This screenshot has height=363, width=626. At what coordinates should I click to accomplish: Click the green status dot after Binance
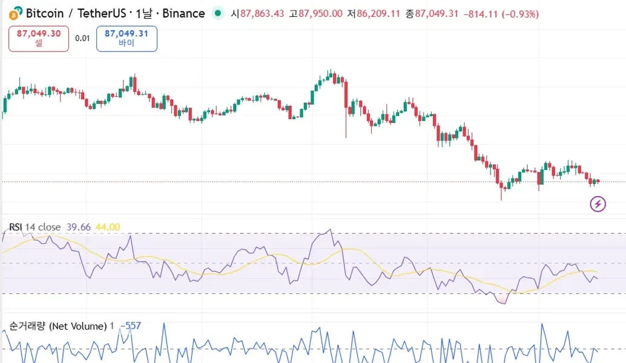[x=218, y=13]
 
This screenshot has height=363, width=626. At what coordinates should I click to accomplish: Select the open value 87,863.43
[x=262, y=14]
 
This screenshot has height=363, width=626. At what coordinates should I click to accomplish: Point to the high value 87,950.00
[x=320, y=14]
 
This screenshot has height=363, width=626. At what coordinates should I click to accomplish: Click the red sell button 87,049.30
[x=39, y=38]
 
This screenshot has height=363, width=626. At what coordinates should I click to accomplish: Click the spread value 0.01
[x=82, y=38]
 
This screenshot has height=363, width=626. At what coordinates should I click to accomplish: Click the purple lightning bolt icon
[x=598, y=204]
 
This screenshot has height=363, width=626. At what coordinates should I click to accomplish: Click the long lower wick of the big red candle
[x=346, y=124]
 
